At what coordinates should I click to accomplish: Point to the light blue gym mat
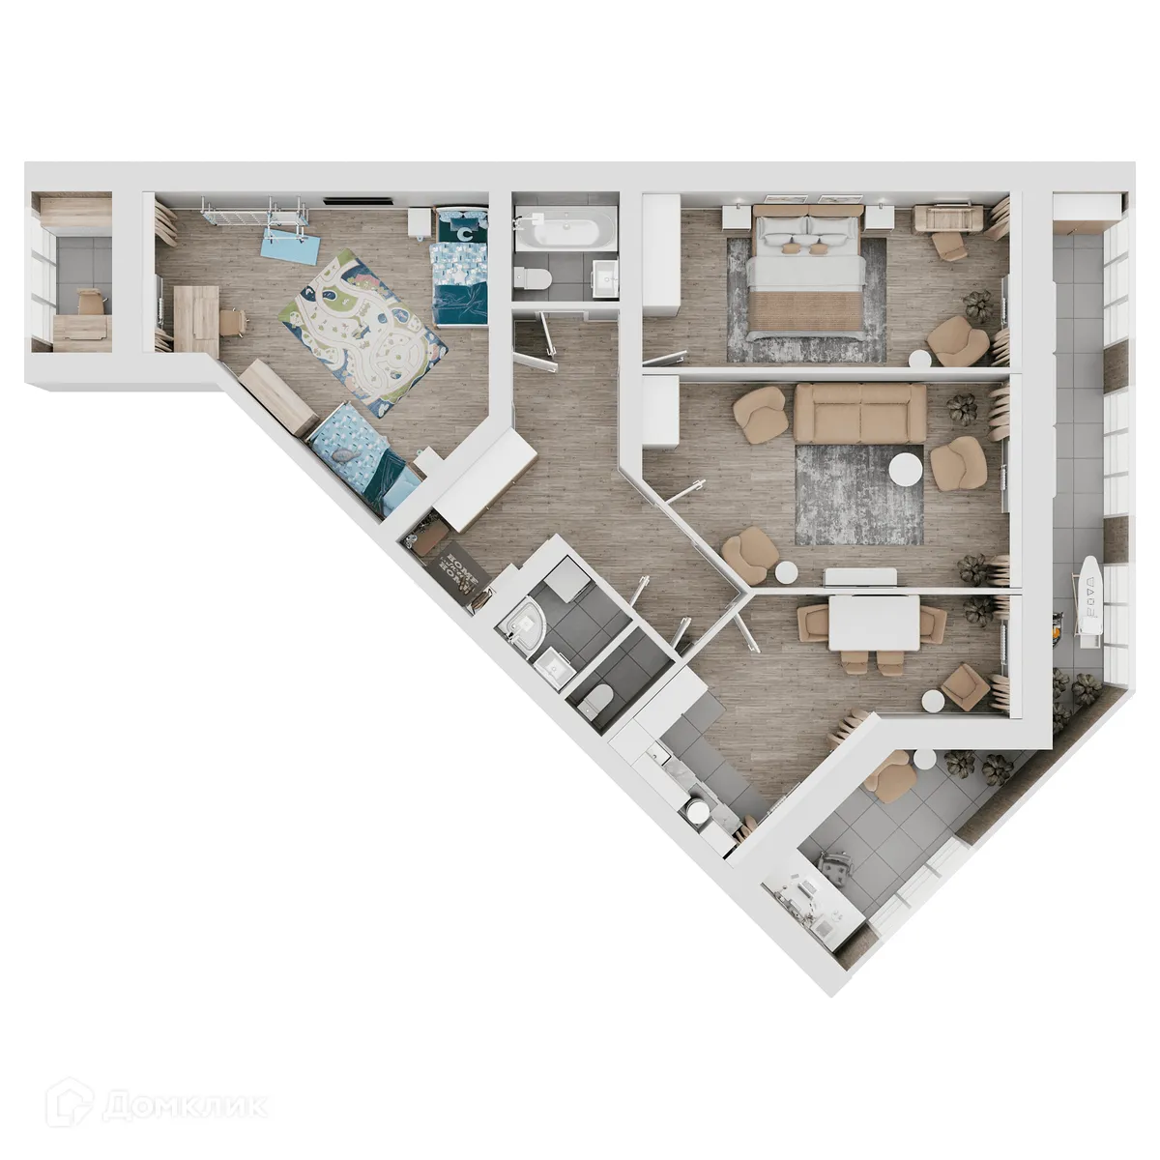tap(290, 243)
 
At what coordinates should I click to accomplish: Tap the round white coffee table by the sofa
tap(907, 471)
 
